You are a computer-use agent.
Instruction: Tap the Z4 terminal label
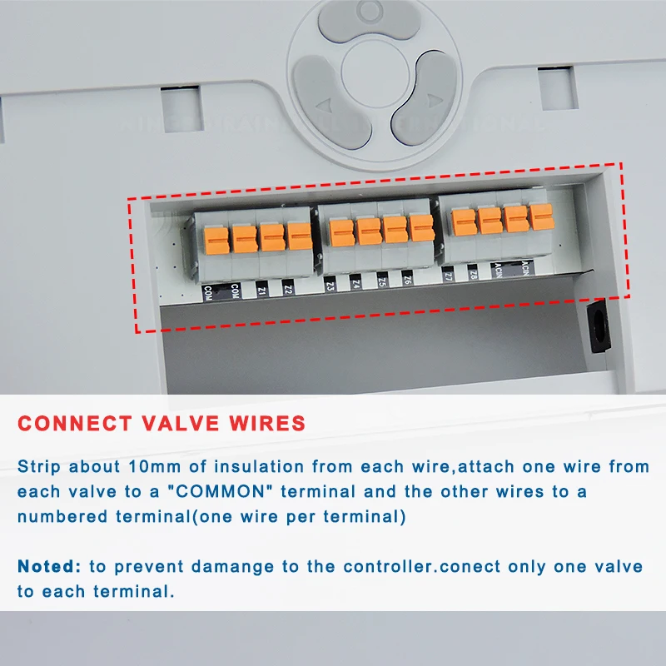(355, 283)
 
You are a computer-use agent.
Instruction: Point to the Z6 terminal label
(407, 281)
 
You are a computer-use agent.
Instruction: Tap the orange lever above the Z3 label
(341, 231)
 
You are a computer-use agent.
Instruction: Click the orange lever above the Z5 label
(395, 228)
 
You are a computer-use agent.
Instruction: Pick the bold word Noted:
(49, 566)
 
